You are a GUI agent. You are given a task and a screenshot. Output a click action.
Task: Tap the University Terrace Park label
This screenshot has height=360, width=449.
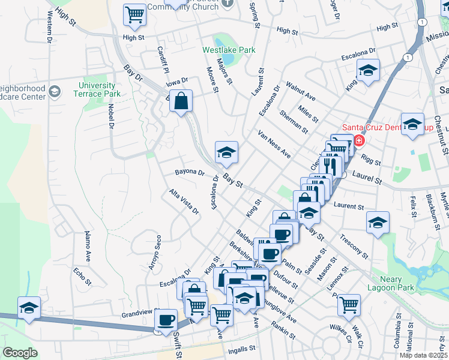pos(100,89)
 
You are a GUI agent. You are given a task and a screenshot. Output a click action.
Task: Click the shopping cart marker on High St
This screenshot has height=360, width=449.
pos(135,14)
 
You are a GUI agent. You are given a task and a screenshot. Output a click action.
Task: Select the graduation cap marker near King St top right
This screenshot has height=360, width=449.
pos(368,70)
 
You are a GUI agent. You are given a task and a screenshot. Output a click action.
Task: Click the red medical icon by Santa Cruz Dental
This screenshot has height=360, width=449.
pos(359,140)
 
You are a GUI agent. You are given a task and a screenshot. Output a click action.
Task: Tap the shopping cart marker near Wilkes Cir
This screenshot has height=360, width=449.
pos(349,304)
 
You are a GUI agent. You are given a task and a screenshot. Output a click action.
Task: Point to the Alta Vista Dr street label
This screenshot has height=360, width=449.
pos(184,202)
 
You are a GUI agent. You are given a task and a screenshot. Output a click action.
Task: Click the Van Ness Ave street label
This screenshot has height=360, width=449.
pos(274,144)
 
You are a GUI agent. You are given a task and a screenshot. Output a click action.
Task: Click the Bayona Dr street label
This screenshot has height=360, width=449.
pos(190,173)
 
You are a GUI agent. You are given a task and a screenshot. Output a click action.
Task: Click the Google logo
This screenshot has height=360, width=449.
pos(20,352)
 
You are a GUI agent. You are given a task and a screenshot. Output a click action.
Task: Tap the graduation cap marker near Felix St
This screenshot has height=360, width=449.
pos(378,223)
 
